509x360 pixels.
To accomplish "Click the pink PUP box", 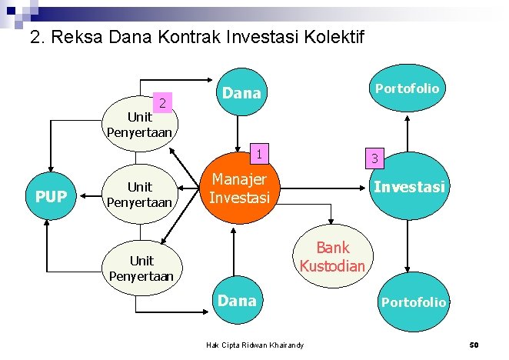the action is point(51,196).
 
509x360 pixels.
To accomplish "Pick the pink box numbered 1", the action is point(261,154).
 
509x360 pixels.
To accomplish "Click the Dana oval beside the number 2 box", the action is point(241,94).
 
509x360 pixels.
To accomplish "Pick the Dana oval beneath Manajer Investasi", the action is point(237,301).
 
